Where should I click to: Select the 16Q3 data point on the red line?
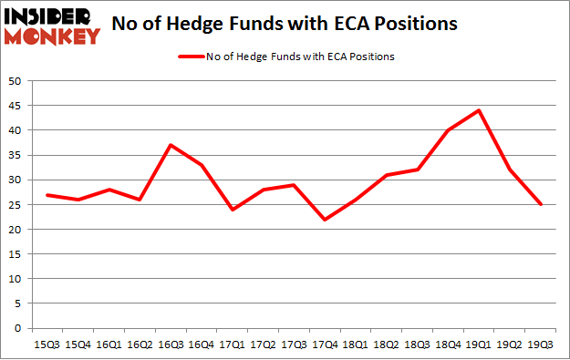(x=171, y=145)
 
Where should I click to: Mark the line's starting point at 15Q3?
(x=47, y=195)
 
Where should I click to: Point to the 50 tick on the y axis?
(x=16, y=81)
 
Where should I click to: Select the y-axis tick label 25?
(x=16, y=205)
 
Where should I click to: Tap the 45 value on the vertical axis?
(x=16, y=106)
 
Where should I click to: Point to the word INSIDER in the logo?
(x=52, y=16)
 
